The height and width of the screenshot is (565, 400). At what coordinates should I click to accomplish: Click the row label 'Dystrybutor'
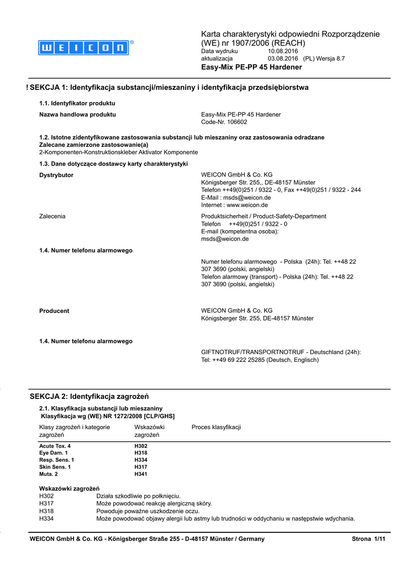(x=56, y=175)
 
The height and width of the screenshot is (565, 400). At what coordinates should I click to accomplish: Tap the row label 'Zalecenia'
(x=52, y=216)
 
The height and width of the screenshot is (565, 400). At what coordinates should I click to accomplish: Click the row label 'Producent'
(x=54, y=311)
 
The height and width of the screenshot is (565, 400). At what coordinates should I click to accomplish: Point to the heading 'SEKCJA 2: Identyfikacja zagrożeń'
(x=89, y=396)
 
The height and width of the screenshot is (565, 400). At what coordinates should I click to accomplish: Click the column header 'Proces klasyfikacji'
(x=216, y=427)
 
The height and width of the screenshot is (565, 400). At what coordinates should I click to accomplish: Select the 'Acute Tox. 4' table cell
(x=55, y=446)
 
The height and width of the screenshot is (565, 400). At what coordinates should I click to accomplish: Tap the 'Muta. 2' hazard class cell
(x=49, y=474)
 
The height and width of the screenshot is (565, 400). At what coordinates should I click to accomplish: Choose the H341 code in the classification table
(x=141, y=474)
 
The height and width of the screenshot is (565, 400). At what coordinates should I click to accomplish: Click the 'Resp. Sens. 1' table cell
(x=56, y=460)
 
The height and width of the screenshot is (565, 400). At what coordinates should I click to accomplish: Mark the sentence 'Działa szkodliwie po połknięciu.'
(x=138, y=496)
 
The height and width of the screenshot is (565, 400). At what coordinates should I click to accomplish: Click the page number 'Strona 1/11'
(x=367, y=539)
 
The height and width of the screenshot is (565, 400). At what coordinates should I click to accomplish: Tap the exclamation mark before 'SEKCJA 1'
(x=27, y=87)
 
